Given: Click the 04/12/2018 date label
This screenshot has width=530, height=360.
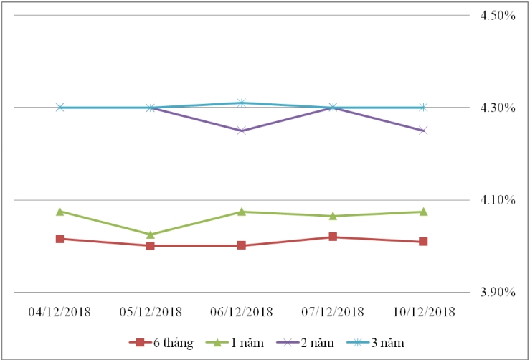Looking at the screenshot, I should (x=60, y=311).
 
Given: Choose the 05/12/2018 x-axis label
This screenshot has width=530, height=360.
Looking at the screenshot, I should (x=151, y=311).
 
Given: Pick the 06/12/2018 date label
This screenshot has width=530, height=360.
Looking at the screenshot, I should (x=242, y=311).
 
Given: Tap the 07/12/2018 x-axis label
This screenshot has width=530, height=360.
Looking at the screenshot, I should (x=333, y=311).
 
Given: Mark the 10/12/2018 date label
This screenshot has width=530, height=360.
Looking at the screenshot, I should (x=423, y=311).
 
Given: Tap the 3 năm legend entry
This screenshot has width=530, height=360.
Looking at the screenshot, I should (x=375, y=343).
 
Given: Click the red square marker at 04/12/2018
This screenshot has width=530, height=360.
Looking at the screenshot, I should (x=60, y=239).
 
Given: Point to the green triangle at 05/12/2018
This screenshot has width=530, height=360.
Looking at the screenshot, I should (x=151, y=235).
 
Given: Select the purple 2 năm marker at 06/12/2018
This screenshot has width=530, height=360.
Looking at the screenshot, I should (x=242, y=131).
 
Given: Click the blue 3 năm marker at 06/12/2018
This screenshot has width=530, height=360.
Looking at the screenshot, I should (x=242, y=103).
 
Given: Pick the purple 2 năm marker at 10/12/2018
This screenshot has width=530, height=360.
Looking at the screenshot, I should (x=423, y=131).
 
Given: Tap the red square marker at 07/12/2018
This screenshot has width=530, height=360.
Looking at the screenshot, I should (x=333, y=237).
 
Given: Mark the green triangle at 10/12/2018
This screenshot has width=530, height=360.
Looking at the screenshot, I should (x=423, y=212).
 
